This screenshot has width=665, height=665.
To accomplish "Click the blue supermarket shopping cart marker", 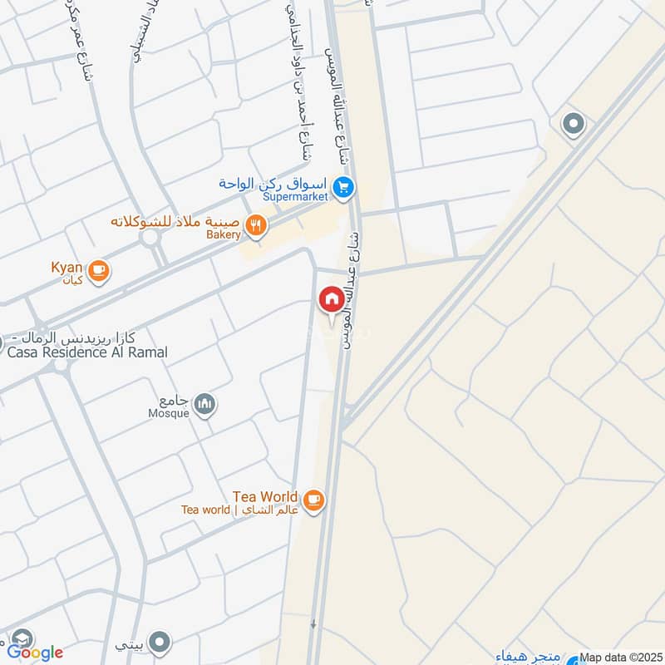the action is (x=343, y=189).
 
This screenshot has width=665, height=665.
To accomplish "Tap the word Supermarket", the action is (x=295, y=197).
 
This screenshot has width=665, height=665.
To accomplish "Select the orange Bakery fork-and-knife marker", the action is (x=257, y=224).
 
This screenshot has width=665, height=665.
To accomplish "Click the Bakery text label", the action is (x=223, y=236).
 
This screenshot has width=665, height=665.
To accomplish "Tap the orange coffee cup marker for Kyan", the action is (x=98, y=269).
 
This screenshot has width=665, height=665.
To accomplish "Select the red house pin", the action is (x=331, y=298).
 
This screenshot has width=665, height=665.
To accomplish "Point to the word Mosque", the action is (x=169, y=411).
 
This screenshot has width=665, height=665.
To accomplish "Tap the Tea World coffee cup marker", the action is (x=313, y=499).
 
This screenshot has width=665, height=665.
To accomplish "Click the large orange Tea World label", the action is (x=265, y=496).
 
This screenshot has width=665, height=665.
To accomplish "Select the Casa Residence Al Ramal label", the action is (x=87, y=352).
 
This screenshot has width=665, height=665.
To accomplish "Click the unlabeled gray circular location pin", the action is (x=573, y=125).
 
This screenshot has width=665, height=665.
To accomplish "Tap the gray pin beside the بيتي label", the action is (x=160, y=642).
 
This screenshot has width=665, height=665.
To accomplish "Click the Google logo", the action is (x=35, y=653).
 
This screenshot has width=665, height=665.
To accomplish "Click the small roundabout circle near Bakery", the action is (x=150, y=238).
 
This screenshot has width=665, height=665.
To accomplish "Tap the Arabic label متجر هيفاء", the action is (x=529, y=657).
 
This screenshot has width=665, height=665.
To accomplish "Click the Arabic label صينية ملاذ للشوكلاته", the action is (x=175, y=222).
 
